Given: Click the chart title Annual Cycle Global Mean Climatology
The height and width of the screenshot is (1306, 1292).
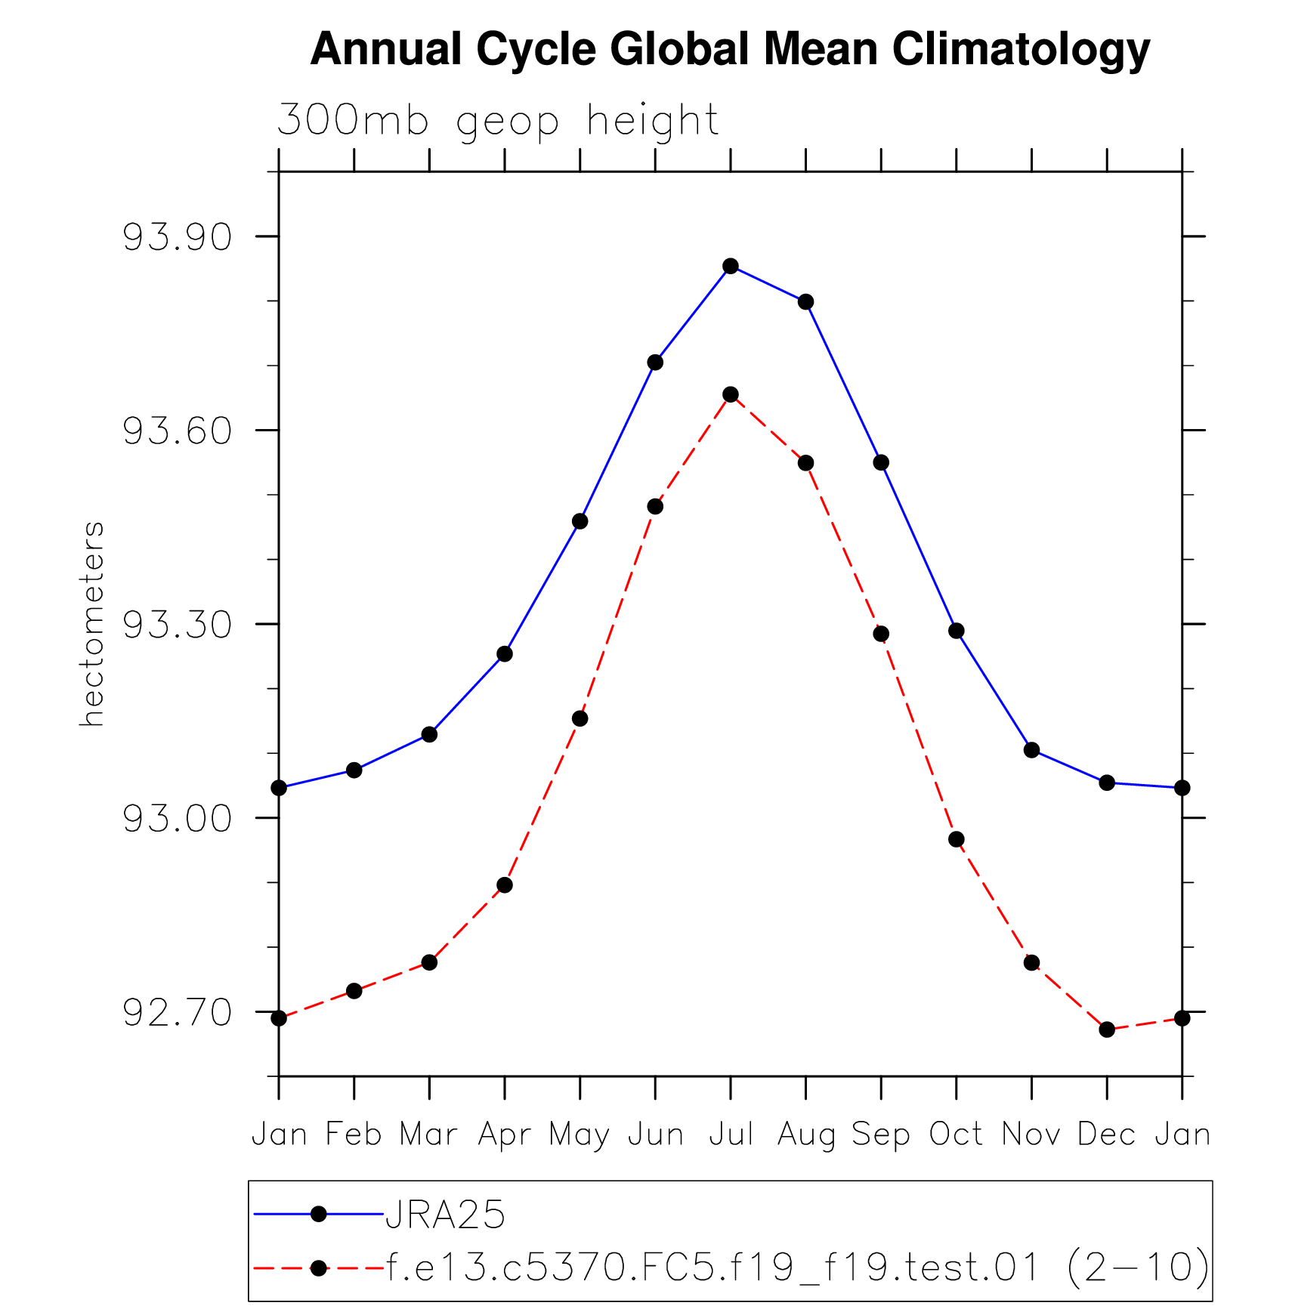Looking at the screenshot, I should [x=729, y=51].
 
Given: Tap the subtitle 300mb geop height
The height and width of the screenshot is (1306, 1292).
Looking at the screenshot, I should [x=497, y=121].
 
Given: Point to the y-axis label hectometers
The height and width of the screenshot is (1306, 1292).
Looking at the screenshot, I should [x=92, y=624].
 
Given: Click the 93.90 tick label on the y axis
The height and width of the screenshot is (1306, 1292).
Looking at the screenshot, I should [x=177, y=238].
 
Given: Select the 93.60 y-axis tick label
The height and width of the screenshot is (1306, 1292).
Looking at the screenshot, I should [x=177, y=431].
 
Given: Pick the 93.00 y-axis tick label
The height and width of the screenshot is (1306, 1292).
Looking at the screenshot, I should [x=177, y=820].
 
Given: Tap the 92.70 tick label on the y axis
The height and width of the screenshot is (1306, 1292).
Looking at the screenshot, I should [x=177, y=1013].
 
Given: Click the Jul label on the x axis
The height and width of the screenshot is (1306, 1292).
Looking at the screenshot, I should [x=731, y=1135].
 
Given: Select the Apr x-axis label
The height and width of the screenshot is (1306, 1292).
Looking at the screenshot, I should [x=505, y=1135].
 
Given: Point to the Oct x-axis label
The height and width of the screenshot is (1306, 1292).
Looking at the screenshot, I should [x=956, y=1135].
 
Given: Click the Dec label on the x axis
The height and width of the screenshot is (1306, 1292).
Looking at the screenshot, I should [x=1106, y=1135].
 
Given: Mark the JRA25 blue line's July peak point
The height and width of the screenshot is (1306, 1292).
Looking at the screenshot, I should [x=730, y=266].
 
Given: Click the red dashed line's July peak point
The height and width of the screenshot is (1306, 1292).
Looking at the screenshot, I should [x=730, y=394].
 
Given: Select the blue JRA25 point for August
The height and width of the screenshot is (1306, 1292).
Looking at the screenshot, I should [x=805, y=301].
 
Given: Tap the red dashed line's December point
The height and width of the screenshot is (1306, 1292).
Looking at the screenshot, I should [x=1107, y=1030].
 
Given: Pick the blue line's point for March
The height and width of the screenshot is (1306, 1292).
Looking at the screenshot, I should [x=429, y=734].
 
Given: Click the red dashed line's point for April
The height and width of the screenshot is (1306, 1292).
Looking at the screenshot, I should [x=505, y=885].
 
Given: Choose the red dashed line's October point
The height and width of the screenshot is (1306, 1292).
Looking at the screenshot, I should [x=957, y=839].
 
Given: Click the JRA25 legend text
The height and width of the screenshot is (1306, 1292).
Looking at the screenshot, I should [x=445, y=1215].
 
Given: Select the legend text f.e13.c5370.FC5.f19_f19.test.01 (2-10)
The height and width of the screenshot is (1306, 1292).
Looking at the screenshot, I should [x=798, y=1267].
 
